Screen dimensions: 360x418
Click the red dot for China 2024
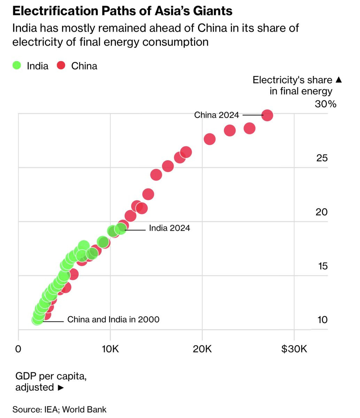point(267,115)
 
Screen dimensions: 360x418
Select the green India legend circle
point(17,65)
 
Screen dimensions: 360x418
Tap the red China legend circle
point(61,65)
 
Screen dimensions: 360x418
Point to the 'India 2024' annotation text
point(170,228)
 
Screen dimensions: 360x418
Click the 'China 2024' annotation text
point(217,115)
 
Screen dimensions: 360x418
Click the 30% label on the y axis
point(326,104)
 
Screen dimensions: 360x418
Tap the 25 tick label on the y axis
point(322,158)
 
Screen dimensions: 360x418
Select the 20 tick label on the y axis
point(321,212)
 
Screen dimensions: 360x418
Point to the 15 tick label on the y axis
point(323,266)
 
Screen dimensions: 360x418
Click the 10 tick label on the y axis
point(322,320)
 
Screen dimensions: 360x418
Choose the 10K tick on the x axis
point(110,349)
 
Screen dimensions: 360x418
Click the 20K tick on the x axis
point(202,349)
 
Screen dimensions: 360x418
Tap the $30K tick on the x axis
point(294,349)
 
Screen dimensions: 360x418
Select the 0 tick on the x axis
point(18,349)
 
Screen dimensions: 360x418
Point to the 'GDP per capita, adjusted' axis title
point(51,382)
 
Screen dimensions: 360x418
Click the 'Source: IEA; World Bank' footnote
point(59,410)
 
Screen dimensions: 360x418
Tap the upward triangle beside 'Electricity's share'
point(339,80)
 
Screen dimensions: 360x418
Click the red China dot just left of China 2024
point(249,128)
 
